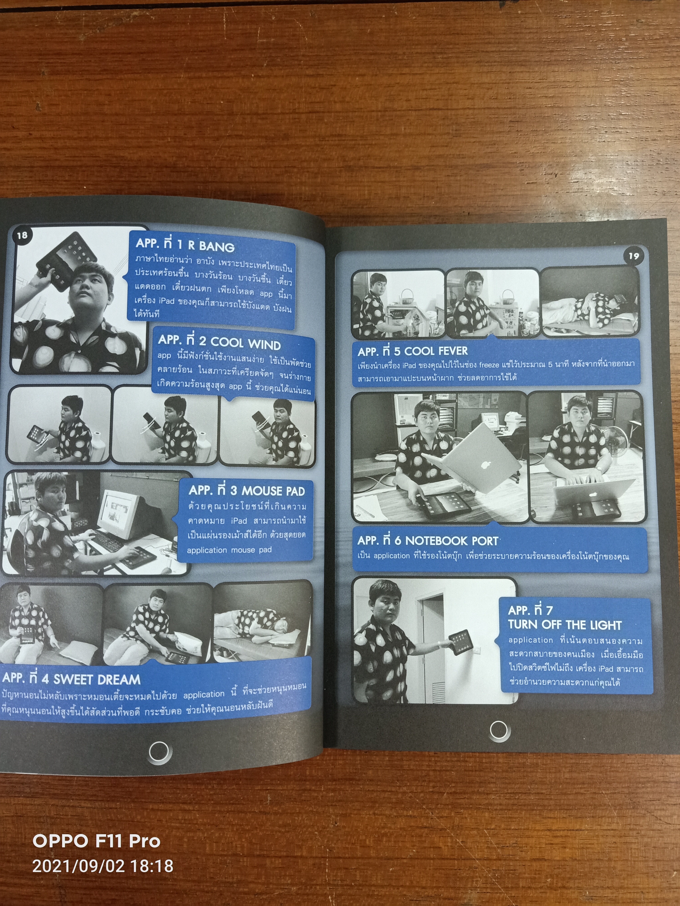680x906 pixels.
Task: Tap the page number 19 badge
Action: (633, 256)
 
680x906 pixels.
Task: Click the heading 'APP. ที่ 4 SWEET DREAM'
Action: (71, 679)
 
